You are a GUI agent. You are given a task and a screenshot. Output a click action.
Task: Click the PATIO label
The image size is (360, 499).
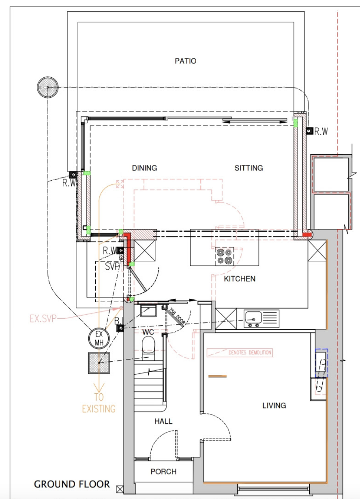click(x=185, y=61)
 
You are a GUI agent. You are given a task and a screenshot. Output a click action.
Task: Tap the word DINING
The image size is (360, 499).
click(x=144, y=168)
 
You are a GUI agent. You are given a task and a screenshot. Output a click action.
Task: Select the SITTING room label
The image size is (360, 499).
click(x=249, y=168)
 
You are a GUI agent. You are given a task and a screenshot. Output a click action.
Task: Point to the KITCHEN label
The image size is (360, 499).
click(x=240, y=279)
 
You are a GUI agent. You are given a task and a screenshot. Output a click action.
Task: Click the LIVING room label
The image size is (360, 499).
click(x=274, y=405)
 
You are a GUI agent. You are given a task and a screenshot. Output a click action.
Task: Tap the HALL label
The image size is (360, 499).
click(x=163, y=421)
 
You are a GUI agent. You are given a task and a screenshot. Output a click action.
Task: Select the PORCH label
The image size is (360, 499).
click(x=163, y=471)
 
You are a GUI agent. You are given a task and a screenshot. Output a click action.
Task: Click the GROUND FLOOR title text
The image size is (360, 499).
click(x=72, y=484)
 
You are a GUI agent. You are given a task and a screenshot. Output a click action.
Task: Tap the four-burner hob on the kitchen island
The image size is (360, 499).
click(x=225, y=256)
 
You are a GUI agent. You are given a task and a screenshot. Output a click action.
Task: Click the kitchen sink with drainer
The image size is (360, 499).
click(x=261, y=319)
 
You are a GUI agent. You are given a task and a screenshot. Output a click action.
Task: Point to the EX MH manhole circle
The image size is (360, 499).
click(x=99, y=338)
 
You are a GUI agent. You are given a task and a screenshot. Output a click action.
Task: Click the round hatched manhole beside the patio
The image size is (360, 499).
click(x=48, y=87)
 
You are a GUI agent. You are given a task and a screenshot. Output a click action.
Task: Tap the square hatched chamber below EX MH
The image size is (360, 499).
click(x=99, y=363)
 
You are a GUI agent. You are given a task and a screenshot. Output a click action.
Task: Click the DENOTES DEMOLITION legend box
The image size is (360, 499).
click(x=240, y=353)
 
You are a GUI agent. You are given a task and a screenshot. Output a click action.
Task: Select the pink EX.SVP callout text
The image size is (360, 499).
click(x=43, y=318)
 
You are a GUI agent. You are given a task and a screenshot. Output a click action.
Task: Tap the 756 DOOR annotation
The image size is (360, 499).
click(x=177, y=316)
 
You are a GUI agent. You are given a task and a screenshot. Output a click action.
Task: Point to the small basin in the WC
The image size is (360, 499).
click(x=148, y=311)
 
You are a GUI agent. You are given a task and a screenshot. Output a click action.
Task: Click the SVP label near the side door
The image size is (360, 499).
click(x=112, y=267)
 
